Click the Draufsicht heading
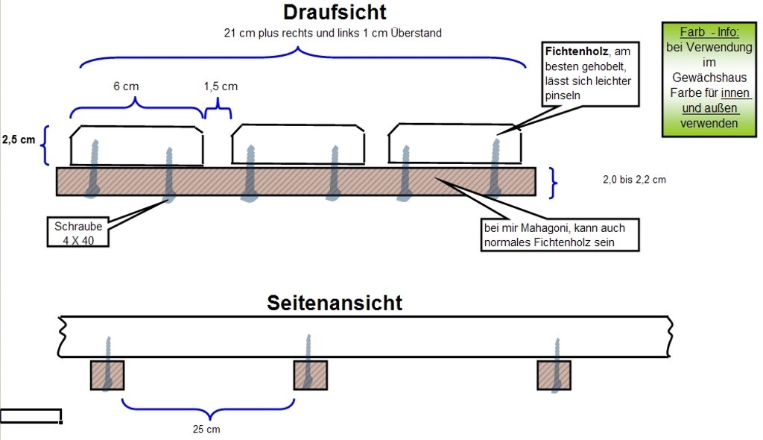point(335,13)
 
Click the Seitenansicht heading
point(335,303)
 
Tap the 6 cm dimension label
point(126,86)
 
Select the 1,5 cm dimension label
point(221,86)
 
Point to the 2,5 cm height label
point(18,139)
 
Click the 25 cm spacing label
point(207,429)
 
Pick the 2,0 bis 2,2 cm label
point(634,180)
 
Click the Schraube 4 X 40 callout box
point(78,233)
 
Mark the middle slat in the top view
point(299,145)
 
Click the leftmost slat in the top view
point(137,145)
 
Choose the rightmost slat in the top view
point(455,145)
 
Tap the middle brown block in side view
point(310,375)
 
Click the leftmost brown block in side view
point(107,375)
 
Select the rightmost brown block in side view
point(554,375)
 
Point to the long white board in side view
point(365,336)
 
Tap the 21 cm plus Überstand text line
point(332,33)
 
